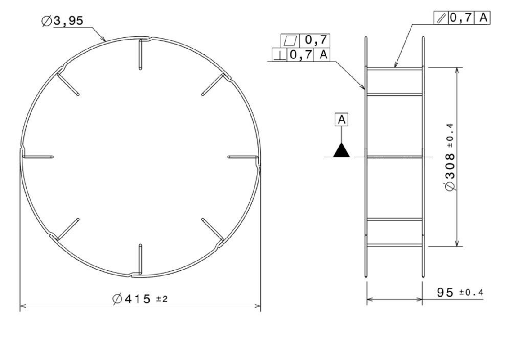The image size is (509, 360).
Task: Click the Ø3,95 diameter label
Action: tap(63, 21)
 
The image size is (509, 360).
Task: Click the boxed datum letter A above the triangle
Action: tap(342, 120)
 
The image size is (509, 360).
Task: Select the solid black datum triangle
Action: tap(342, 150)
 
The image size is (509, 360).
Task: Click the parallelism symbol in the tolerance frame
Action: tap(440, 18)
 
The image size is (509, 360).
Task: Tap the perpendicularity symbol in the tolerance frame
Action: tap(279, 55)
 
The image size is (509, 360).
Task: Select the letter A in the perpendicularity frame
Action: tap(323, 55)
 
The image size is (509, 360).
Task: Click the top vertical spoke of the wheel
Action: tap(141, 54)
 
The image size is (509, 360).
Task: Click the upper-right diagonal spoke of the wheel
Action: tap(214, 84)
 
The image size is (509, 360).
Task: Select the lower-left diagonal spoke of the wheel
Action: tap(68, 229)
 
